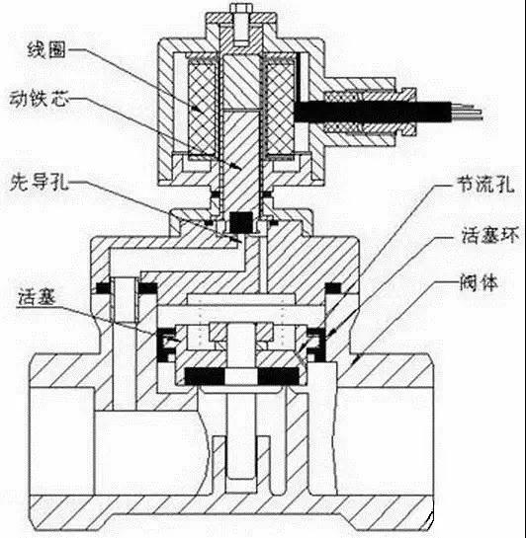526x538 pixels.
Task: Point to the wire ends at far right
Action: [x=473, y=111]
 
